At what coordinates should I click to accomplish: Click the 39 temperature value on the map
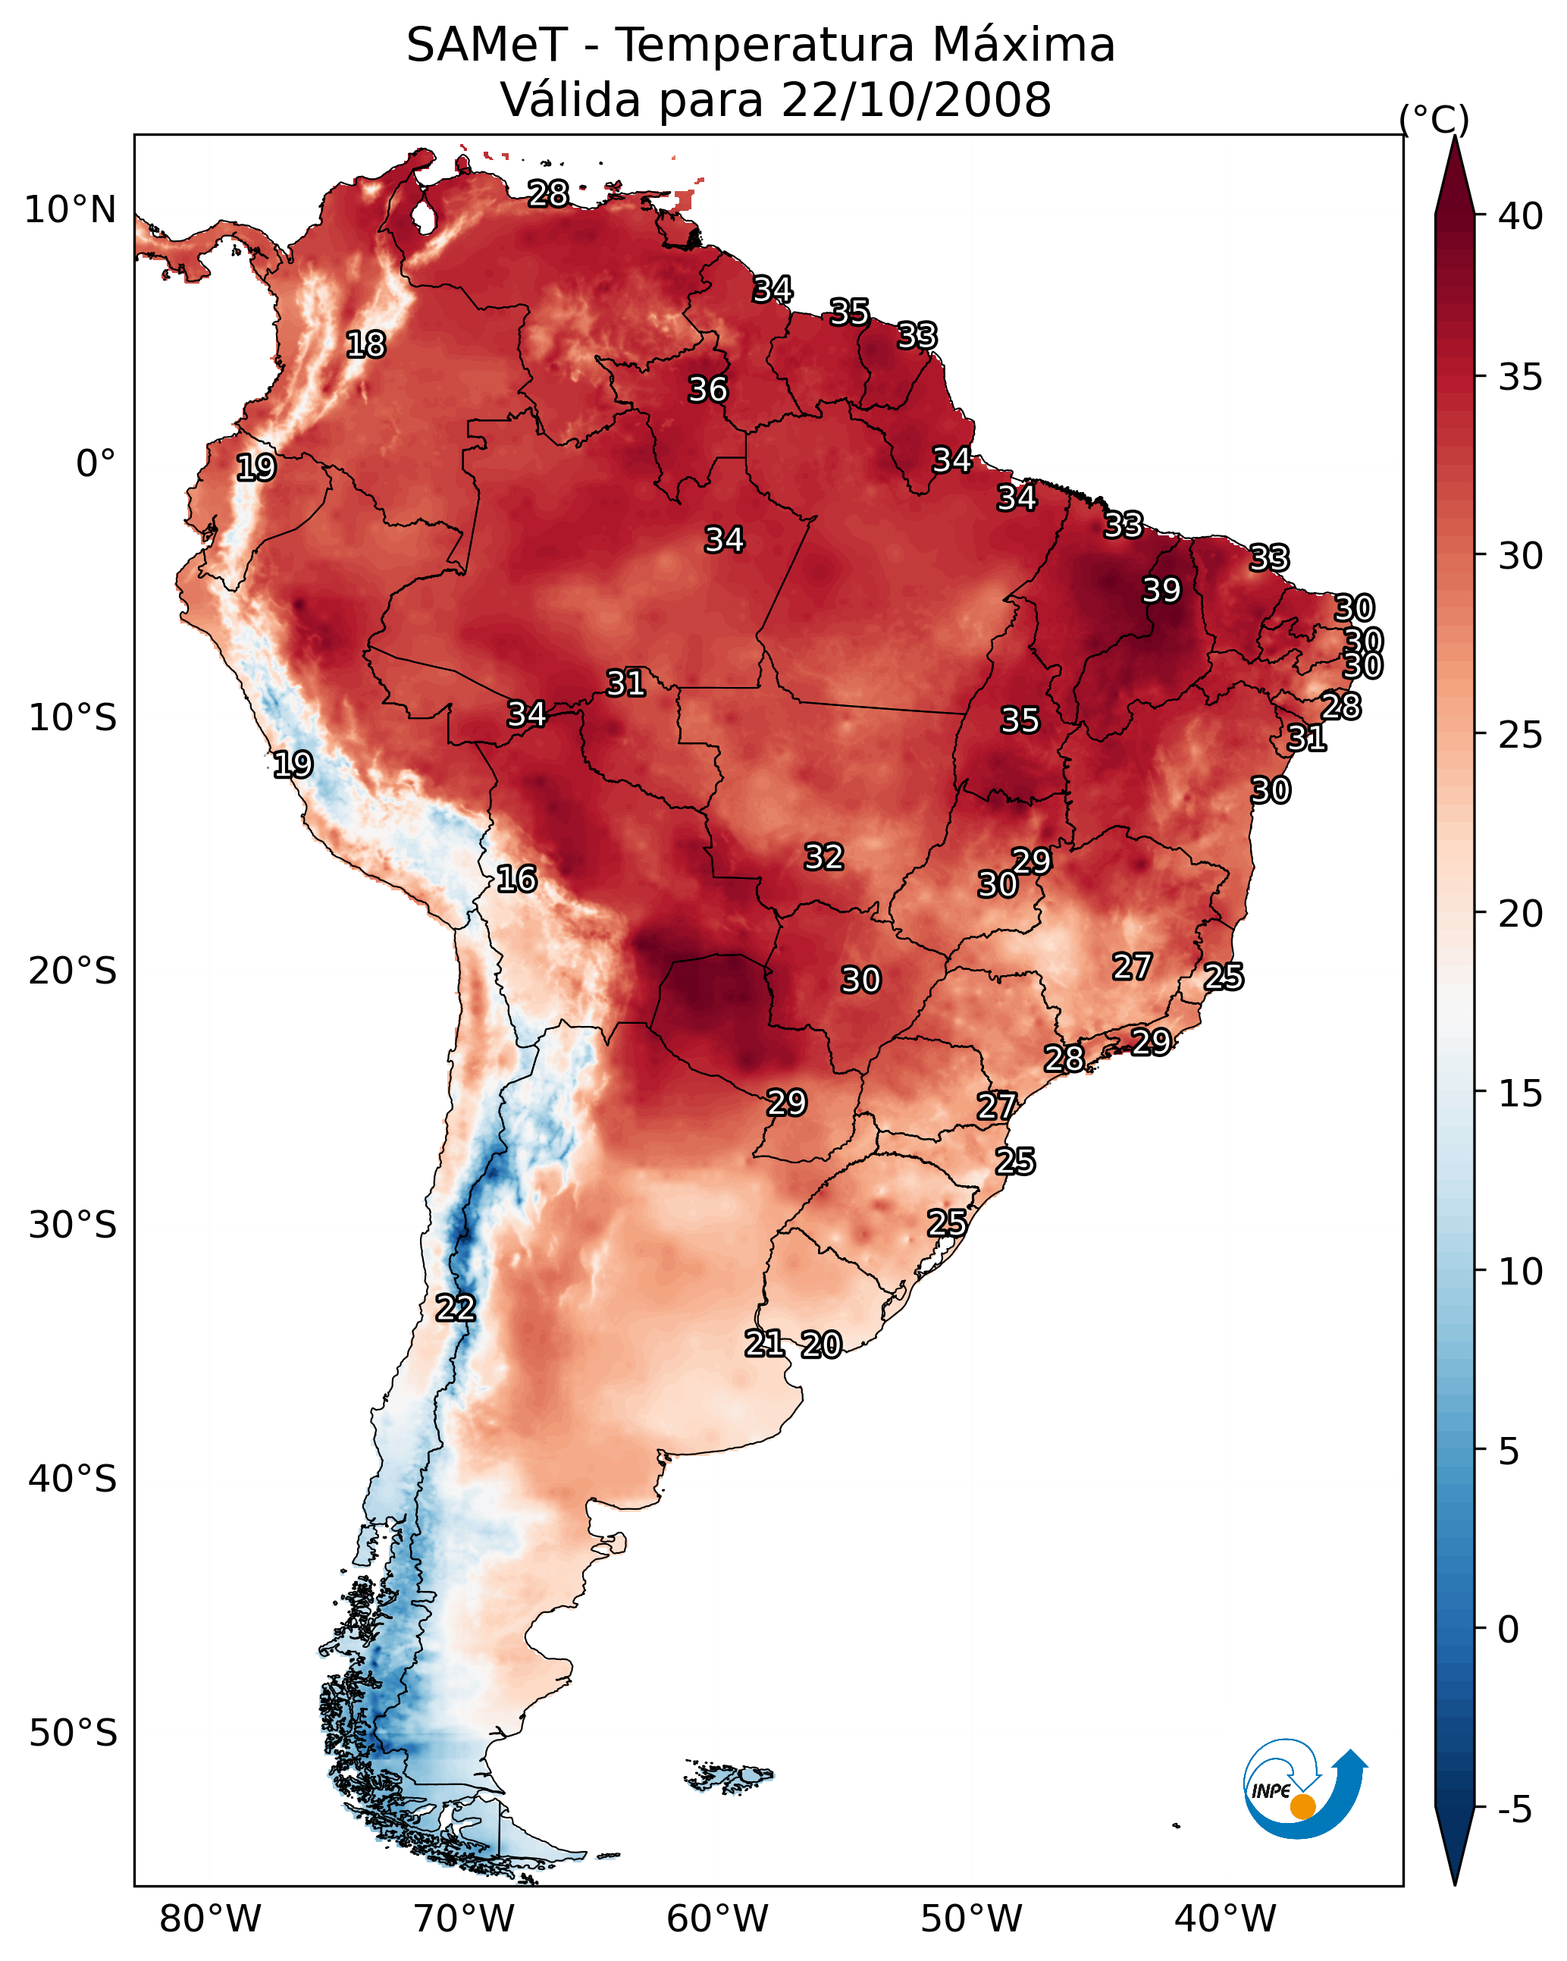tap(1161, 590)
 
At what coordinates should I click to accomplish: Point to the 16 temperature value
tap(516, 879)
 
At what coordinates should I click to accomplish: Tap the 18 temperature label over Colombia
tap(365, 345)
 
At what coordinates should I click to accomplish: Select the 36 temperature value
tap(707, 389)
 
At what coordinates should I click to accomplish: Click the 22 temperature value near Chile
tap(455, 1308)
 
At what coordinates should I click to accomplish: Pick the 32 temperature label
tap(824, 857)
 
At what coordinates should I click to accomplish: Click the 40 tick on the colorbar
tap(1521, 216)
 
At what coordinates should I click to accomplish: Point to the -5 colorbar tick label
tap(1515, 1809)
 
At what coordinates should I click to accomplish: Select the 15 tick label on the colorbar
tap(1521, 1093)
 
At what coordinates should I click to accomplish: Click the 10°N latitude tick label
tap(70, 210)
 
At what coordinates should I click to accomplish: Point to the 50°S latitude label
tap(73, 1734)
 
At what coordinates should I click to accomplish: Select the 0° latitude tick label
tap(96, 464)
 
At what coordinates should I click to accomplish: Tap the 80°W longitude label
tap(210, 1919)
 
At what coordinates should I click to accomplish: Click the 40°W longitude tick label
tap(1225, 1919)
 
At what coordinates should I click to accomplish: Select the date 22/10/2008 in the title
tap(916, 99)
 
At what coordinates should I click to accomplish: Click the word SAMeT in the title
tap(487, 45)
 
